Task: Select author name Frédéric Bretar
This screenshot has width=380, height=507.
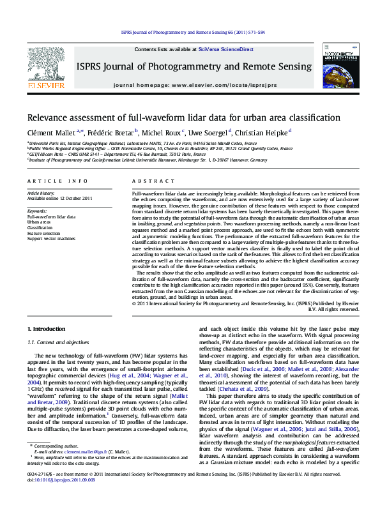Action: tap(109, 132)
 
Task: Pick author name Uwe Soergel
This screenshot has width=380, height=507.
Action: tap(208, 132)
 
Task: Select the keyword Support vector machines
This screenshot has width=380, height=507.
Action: tap(51, 238)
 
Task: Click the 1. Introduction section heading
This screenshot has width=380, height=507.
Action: tap(46, 329)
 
